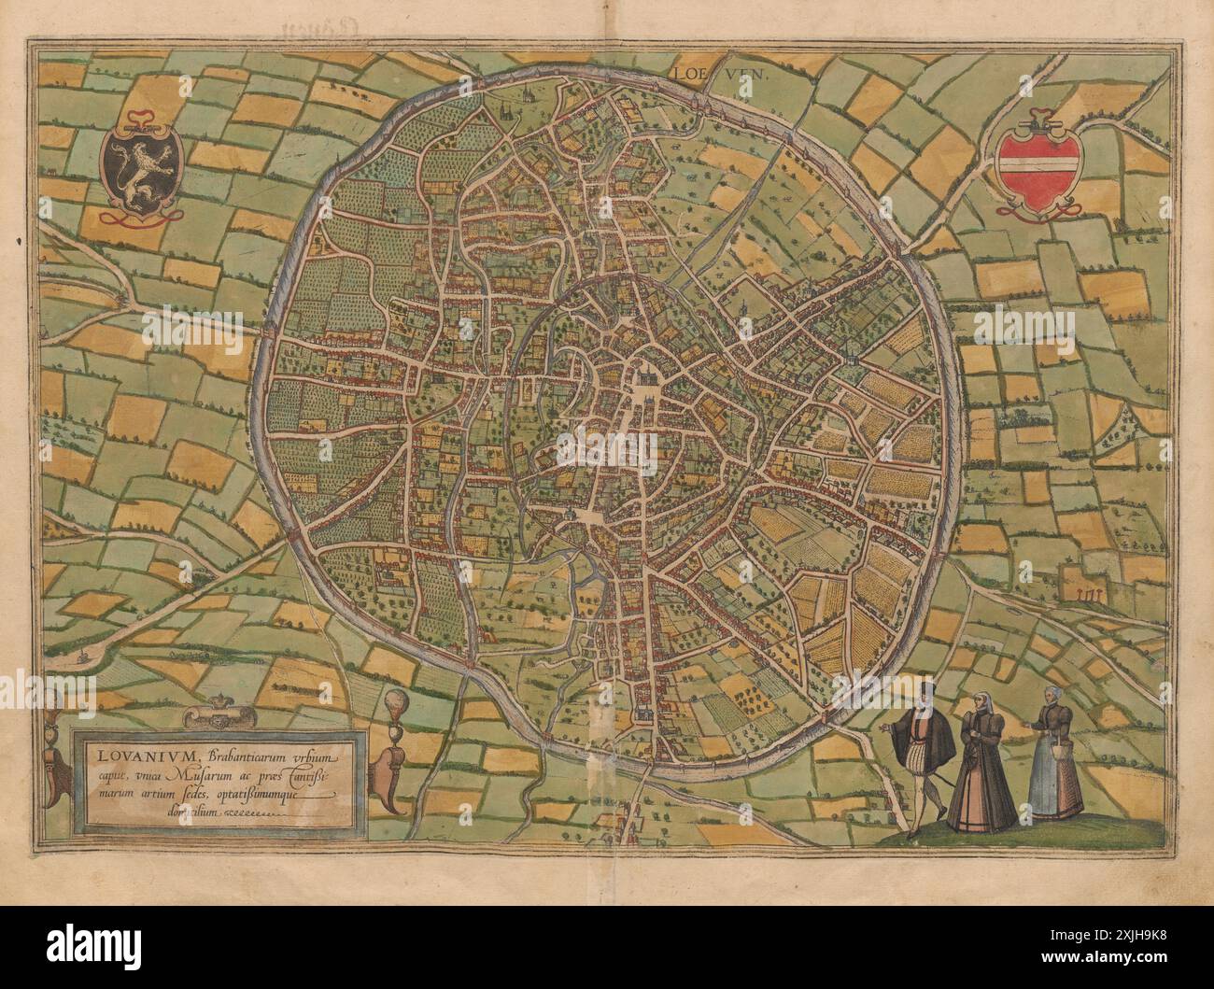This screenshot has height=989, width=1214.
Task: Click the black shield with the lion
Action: [140, 169]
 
